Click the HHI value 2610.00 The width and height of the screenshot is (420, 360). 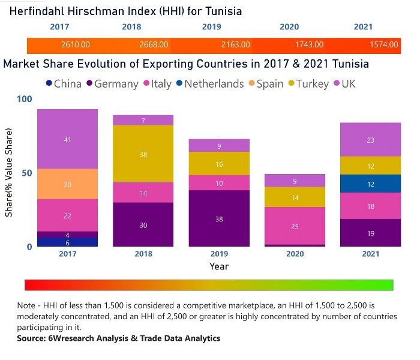click(x=76, y=44)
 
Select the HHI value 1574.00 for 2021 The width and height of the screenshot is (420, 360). click(x=384, y=44)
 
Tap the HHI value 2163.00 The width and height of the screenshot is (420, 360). click(x=230, y=44)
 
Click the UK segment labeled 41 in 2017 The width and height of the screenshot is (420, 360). click(x=67, y=139)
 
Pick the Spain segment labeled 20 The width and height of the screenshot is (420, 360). click(x=67, y=184)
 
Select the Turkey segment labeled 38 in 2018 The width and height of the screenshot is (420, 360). click(x=143, y=154)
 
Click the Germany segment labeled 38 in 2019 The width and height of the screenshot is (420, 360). click(x=219, y=219)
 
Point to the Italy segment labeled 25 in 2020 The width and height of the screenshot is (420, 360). click(x=295, y=226)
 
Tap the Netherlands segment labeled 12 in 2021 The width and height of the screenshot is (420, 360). click(x=371, y=184)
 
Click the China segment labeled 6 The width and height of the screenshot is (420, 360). click(x=67, y=242)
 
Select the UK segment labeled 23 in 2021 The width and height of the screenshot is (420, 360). click(x=371, y=140)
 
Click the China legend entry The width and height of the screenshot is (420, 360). click(x=64, y=83)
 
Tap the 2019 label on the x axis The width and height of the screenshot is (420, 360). click(x=219, y=254)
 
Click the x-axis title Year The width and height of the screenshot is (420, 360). click(x=219, y=266)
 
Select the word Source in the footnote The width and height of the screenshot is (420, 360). click(x=33, y=338)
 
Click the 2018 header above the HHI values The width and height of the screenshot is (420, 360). click(x=131, y=27)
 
